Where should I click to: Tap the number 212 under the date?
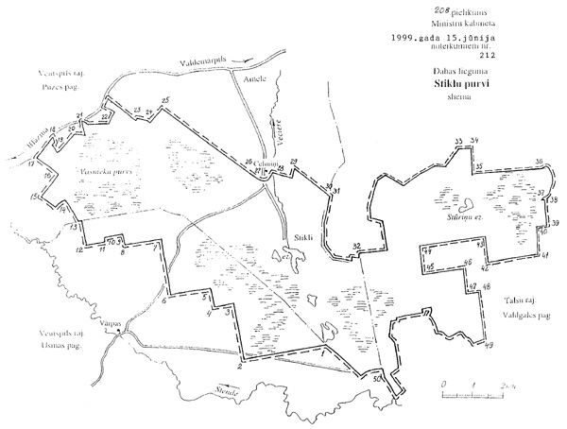pyautogui.click(x=459, y=54)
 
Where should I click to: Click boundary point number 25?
pyautogui.click(x=166, y=101)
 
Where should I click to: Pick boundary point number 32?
pyautogui.click(x=356, y=246)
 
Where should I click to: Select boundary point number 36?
pyautogui.click(x=538, y=163)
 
